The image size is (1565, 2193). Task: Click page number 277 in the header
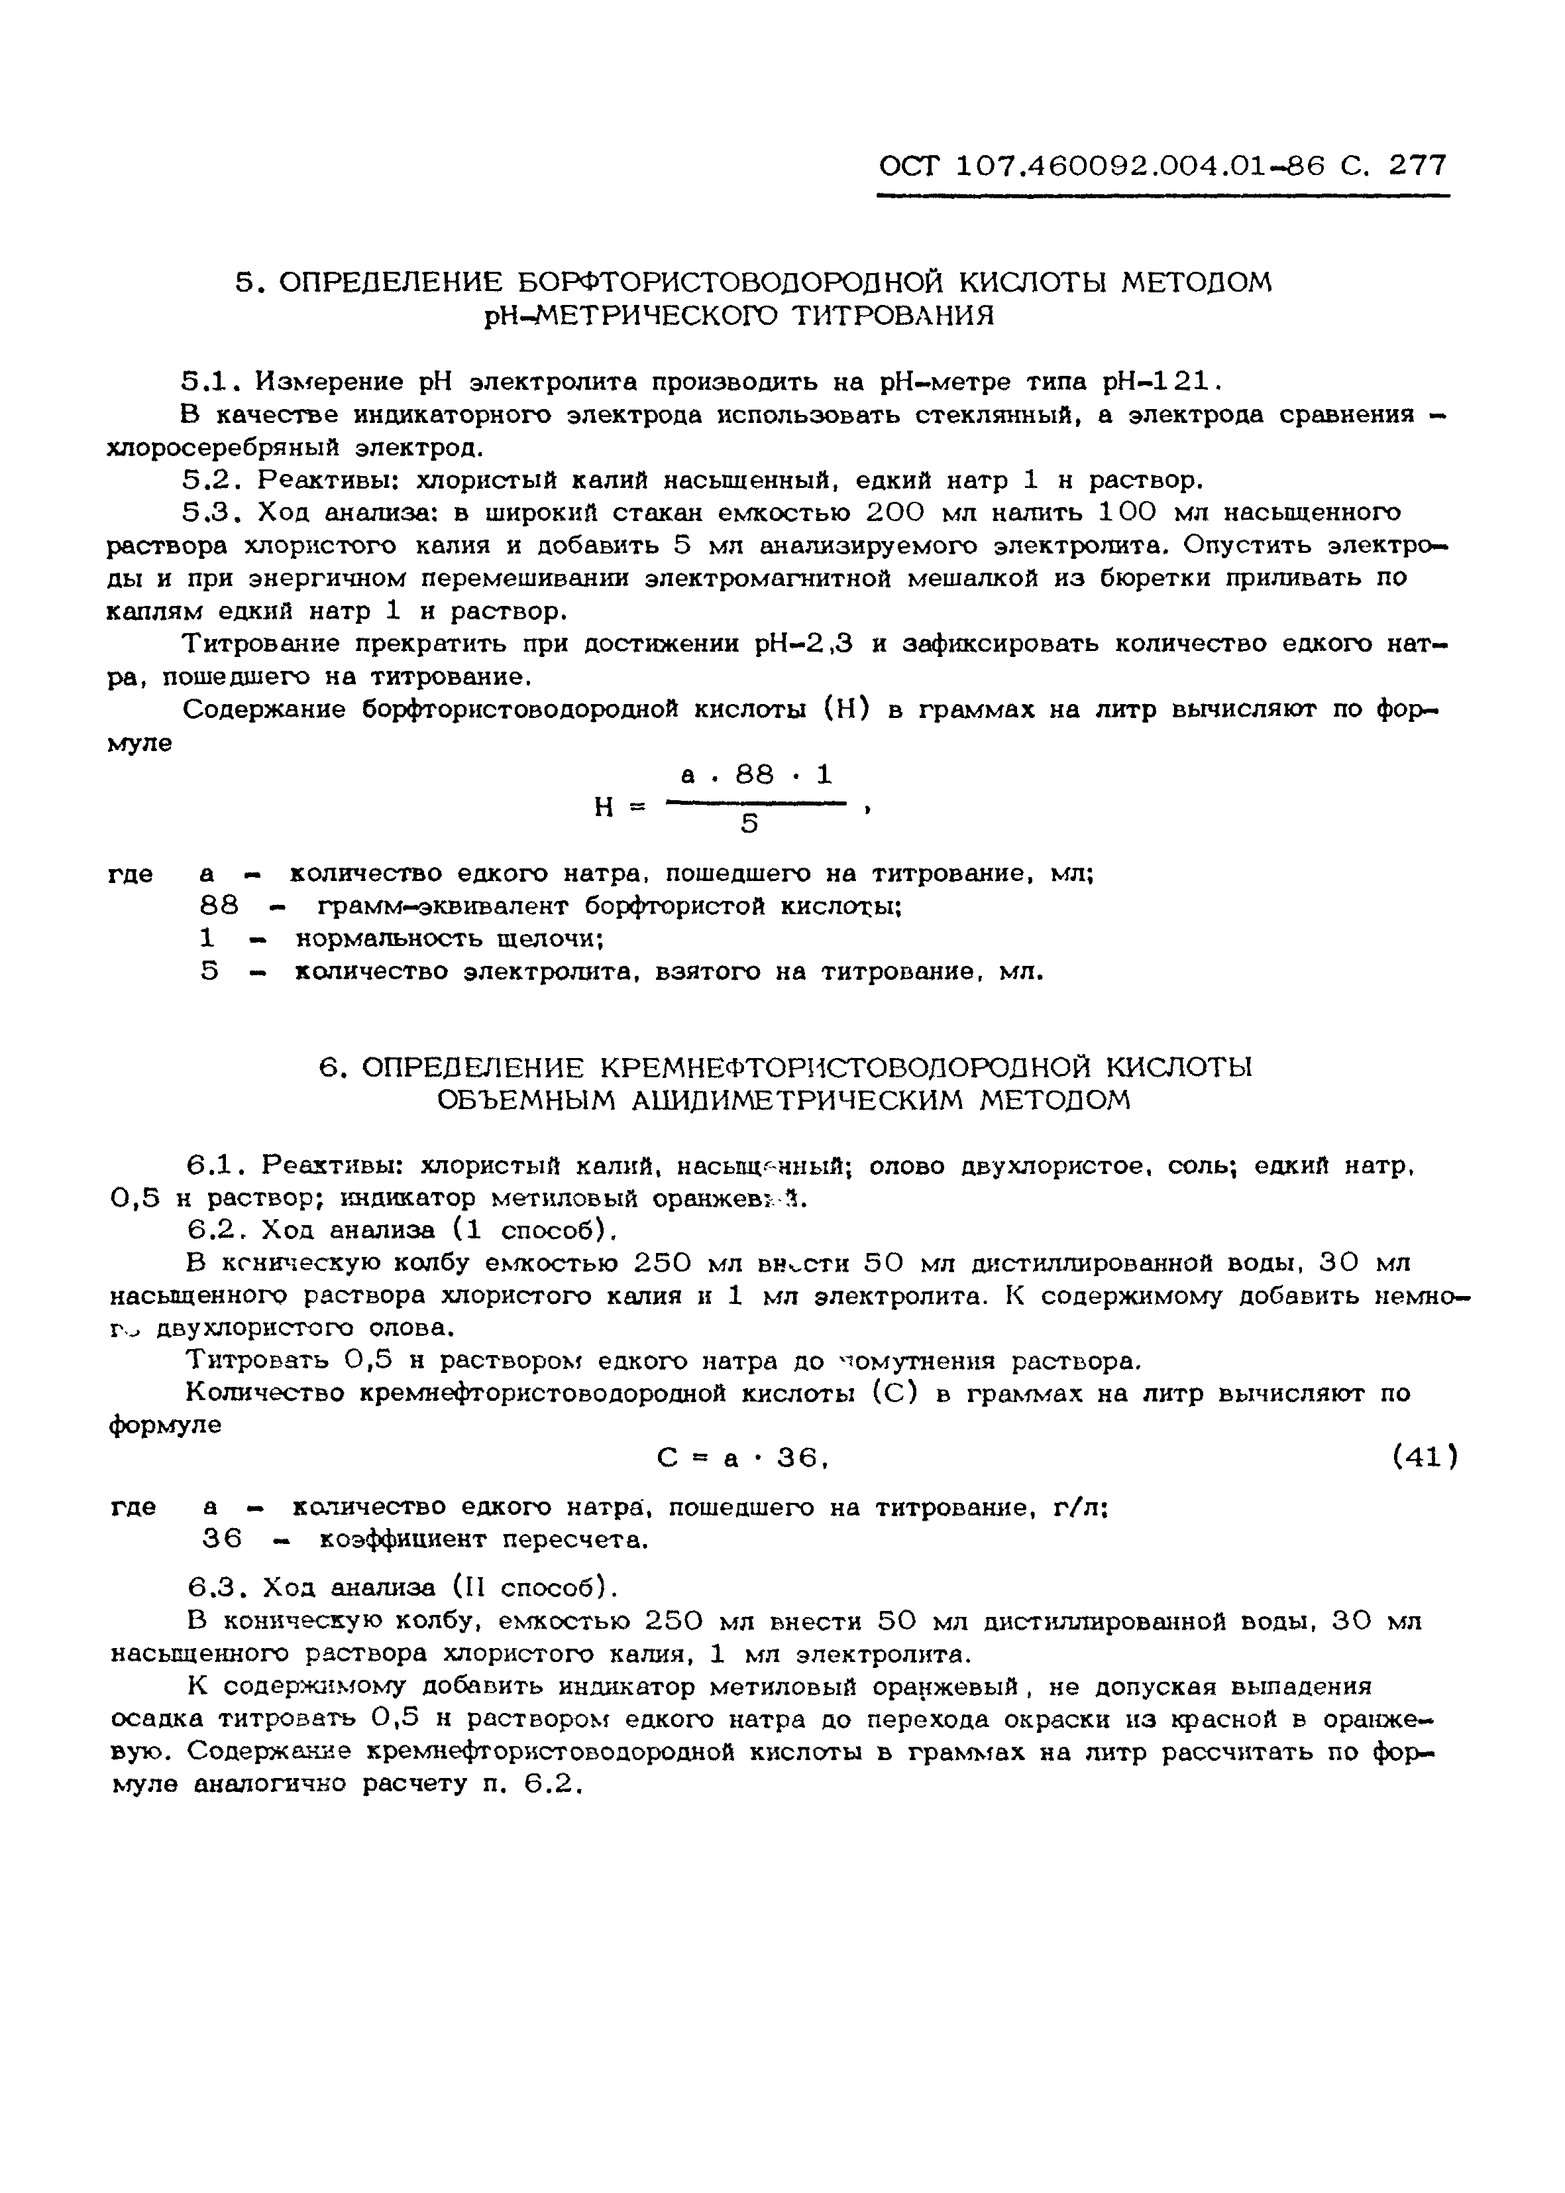1417,166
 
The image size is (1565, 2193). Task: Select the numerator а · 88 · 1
757,775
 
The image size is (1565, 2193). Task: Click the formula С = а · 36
742,1458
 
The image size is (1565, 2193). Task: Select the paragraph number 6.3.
210,1588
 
